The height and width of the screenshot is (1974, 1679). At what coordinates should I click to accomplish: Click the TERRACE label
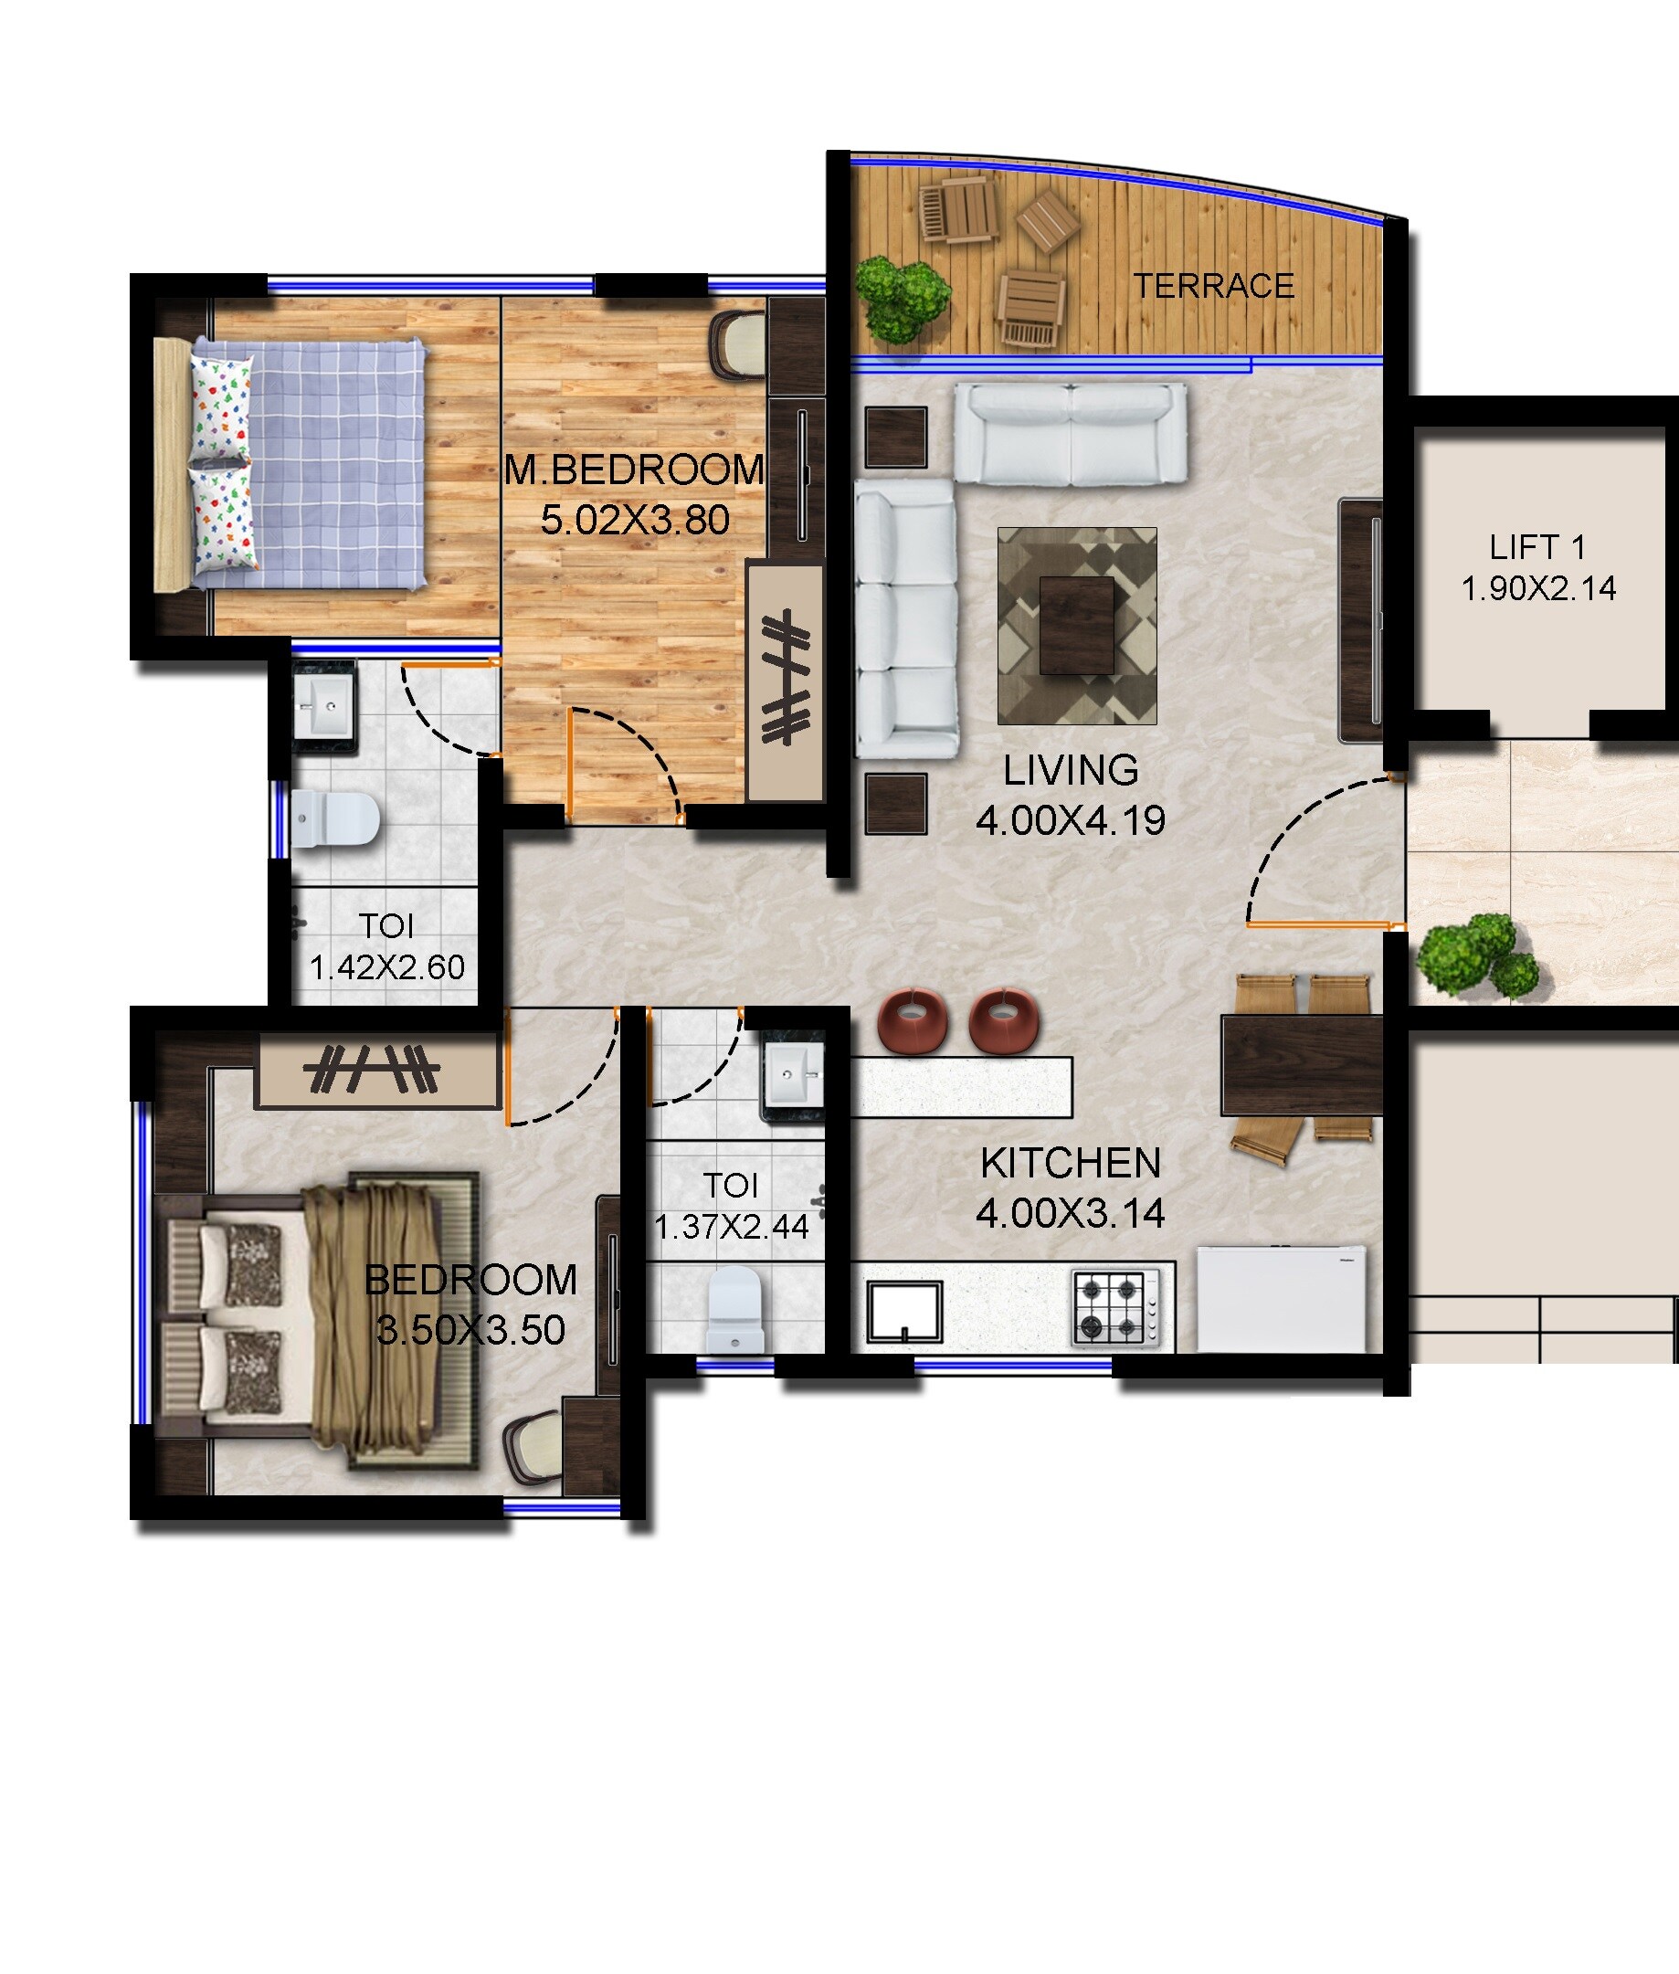1213,286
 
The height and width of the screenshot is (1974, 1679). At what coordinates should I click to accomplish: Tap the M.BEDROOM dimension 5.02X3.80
635,520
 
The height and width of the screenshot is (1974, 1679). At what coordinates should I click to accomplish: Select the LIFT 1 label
1537,547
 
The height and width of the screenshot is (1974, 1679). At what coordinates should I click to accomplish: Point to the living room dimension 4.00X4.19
1070,820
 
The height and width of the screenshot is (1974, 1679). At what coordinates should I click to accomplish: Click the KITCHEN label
1070,1163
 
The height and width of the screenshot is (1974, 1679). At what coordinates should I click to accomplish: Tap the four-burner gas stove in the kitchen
1117,1308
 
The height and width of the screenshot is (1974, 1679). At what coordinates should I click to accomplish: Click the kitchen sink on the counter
904,1311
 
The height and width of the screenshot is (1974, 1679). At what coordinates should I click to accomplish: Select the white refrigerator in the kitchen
1281,1298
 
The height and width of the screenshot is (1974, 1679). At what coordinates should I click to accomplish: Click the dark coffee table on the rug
1076,625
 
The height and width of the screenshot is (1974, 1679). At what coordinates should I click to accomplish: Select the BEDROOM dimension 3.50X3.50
470,1330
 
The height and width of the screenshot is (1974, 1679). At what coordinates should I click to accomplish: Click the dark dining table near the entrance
1301,1064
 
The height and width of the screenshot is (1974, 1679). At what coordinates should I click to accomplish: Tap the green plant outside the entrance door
1478,955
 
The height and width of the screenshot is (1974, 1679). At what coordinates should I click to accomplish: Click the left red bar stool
912,1019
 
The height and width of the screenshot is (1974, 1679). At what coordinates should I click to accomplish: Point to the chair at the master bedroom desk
738,344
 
